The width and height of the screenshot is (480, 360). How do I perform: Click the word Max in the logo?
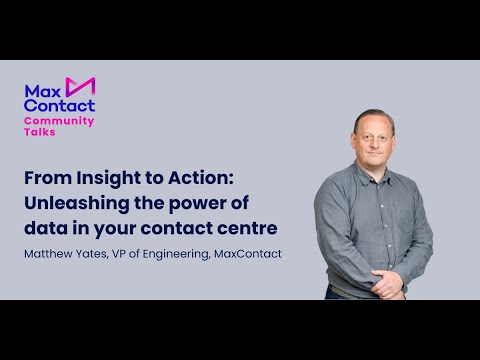click(x=42, y=89)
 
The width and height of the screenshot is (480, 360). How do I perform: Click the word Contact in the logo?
click(x=59, y=104)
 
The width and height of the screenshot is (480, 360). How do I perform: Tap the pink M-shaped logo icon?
click(x=80, y=87)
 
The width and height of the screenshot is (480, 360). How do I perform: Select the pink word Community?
click(x=59, y=120)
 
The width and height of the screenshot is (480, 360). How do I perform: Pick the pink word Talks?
click(x=40, y=131)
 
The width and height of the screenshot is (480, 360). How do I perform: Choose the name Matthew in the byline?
click(x=51, y=254)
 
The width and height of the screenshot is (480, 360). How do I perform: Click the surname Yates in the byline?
click(x=101, y=254)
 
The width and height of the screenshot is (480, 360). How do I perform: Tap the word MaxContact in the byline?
click(x=250, y=254)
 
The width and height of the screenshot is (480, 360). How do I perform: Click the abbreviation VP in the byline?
click(x=133, y=254)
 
